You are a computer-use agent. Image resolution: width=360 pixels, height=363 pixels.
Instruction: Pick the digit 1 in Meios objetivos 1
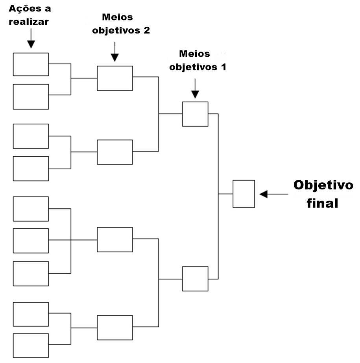pyautogui.click(x=223, y=67)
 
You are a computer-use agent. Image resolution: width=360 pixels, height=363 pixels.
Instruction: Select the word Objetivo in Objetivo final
pyautogui.click(x=323, y=185)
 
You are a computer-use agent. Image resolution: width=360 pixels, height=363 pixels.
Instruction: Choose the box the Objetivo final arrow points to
pyautogui.click(x=244, y=194)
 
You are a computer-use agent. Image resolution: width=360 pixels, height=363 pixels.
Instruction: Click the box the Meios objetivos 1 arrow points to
pyautogui.click(x=195, y=114)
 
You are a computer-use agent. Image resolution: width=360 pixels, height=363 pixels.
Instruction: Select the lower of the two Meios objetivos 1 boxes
pyautogui.click(x=195, y=279)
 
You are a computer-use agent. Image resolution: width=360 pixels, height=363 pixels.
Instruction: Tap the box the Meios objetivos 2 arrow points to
pyautogui.click(x=115, y=78)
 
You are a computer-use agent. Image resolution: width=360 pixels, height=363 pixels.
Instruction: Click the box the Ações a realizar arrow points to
pyautogui.click(x=31, y=64)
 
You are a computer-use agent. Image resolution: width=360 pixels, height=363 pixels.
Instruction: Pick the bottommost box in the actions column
pyautogui.click(x=31, y=345)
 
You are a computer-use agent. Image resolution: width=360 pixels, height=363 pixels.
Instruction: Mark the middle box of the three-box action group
pyautogui.click(x=31, y=240)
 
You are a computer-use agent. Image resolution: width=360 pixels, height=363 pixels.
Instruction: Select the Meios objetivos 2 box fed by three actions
pyautogui.click(x=115, y=239)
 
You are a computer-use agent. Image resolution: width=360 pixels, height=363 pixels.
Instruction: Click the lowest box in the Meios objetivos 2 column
pyautogui.click(x=115, y=328)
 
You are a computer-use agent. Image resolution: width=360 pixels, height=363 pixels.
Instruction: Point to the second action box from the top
pyautogui.click(x=31, y=96)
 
